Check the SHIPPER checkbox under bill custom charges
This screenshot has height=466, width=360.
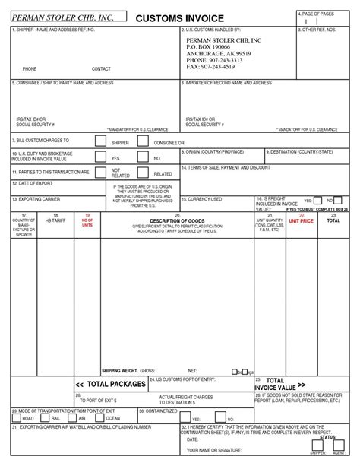click(x=100, y=141)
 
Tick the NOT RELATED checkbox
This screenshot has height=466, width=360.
click(x=100, y=172)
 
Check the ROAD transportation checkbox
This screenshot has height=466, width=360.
click(x=17, y=417)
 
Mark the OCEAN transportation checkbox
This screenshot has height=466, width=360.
click(x=99, y=417)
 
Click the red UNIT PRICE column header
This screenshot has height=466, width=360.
click(x=302, y=220)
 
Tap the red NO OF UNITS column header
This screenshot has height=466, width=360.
click(x=87, y=221)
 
